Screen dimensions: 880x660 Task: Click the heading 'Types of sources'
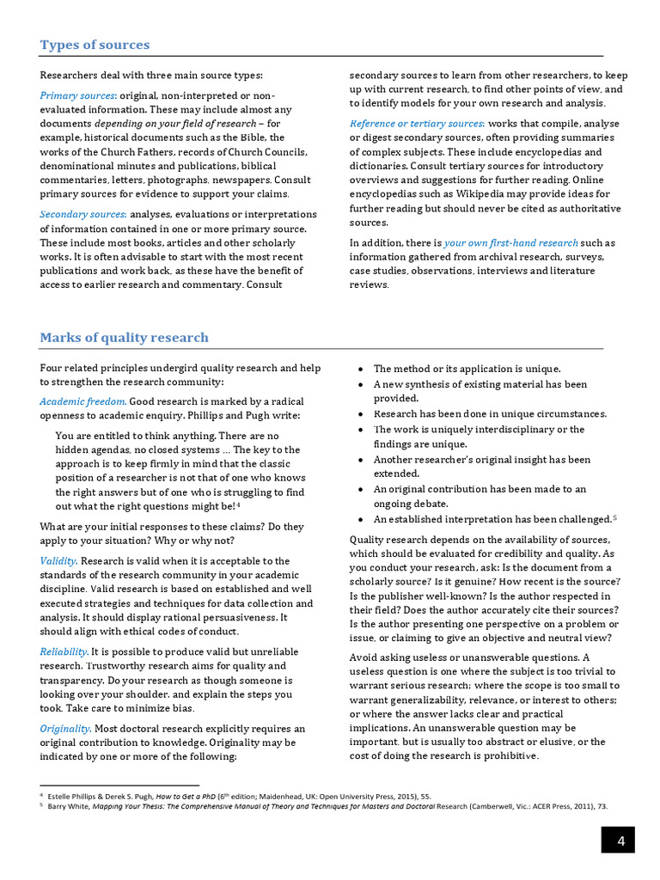95,45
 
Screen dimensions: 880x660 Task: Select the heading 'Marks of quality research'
124,337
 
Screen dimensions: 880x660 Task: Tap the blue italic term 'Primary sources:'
78,95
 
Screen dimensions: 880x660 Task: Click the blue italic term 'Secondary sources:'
83,213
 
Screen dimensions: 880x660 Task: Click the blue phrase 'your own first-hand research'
510,242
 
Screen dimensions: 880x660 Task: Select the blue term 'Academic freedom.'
83,401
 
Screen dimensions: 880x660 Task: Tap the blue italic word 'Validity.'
58,561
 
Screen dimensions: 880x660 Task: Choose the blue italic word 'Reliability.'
64,651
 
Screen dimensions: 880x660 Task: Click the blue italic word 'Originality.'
65,728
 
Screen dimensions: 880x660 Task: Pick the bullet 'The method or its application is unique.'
467,369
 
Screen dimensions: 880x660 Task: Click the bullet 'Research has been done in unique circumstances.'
490,413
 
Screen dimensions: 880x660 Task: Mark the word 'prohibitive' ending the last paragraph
510,756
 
